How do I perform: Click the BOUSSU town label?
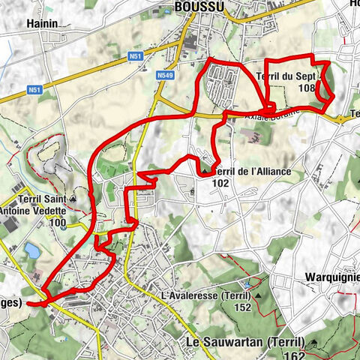point(199,7)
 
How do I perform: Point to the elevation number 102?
point(221,182)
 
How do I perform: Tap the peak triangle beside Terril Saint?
point(73,199)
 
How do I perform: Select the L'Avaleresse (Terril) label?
point(206,296)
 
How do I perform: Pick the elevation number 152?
point(242,307)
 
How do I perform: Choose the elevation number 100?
point(58,223)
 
